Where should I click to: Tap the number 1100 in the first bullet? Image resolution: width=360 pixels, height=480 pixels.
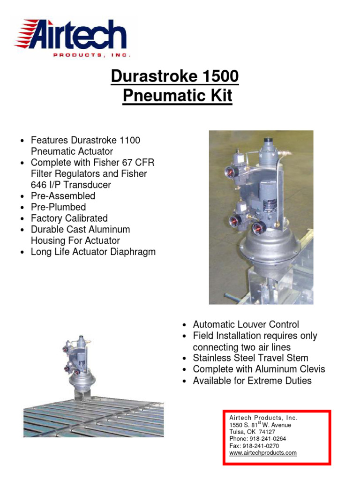(130, 140)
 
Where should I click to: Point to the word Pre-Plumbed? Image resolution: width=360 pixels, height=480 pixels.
(58, 207)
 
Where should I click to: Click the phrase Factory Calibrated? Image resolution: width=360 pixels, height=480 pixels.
(69, 218)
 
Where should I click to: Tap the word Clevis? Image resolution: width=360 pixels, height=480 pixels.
(309, 369)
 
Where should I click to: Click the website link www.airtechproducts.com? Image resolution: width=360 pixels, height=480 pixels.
(263, 453)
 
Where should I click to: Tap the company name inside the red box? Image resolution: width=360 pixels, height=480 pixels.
(263, 418)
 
